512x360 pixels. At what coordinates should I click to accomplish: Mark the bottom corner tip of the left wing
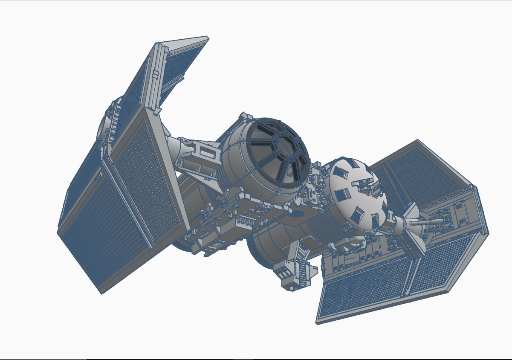tap(101, 293)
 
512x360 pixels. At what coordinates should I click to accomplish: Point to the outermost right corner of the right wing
tap(489, 234)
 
